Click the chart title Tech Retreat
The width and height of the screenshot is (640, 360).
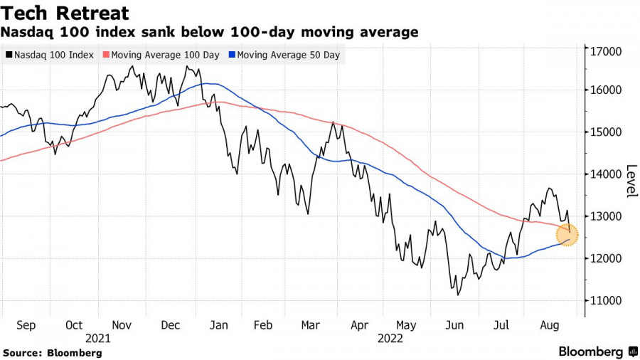(x=65, y=13)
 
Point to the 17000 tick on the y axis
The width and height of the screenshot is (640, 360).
(x=603, y=51)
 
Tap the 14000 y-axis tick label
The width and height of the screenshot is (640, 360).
(x=603, y=174)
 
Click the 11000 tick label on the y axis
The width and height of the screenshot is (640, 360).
(x=603, y=300)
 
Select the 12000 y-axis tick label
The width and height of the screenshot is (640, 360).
(x=603, y=258)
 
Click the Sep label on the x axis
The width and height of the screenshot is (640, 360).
(x=26, y=325)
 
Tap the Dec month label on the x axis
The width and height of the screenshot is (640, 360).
(x=171, y=325)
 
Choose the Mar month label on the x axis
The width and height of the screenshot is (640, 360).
(x=309, y=325)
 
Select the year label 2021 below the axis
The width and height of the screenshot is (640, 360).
(x=98, y=338)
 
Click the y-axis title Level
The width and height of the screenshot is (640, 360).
(x=630, y=181)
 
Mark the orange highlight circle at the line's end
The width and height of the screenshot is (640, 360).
(x=567, y=233)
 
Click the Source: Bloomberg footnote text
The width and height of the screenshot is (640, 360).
(x=53, y=352)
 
